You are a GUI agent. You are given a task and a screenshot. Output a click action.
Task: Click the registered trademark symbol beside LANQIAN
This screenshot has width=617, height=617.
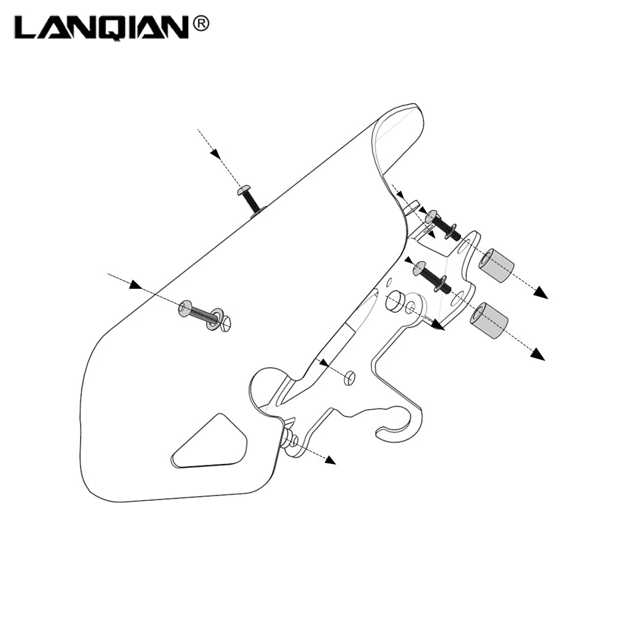200,24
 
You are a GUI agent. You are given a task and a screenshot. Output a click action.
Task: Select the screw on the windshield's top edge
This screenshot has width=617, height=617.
249,201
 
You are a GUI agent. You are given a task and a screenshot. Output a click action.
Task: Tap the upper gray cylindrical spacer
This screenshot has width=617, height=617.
496,265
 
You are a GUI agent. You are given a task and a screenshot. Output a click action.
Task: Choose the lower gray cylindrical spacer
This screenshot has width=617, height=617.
488,320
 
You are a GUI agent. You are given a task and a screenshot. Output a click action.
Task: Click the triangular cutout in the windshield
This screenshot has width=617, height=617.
209,442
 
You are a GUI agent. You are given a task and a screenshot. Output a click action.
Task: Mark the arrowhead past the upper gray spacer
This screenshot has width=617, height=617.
541,292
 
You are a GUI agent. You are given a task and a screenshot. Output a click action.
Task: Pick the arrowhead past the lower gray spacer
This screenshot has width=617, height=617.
537,354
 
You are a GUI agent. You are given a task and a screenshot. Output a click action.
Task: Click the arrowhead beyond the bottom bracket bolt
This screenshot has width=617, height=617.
331,460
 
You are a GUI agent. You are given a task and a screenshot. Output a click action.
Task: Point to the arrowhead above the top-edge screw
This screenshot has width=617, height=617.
215,154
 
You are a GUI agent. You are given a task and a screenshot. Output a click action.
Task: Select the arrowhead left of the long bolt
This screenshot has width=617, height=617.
136,284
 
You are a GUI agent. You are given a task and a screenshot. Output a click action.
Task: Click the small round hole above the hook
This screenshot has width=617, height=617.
350,378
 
